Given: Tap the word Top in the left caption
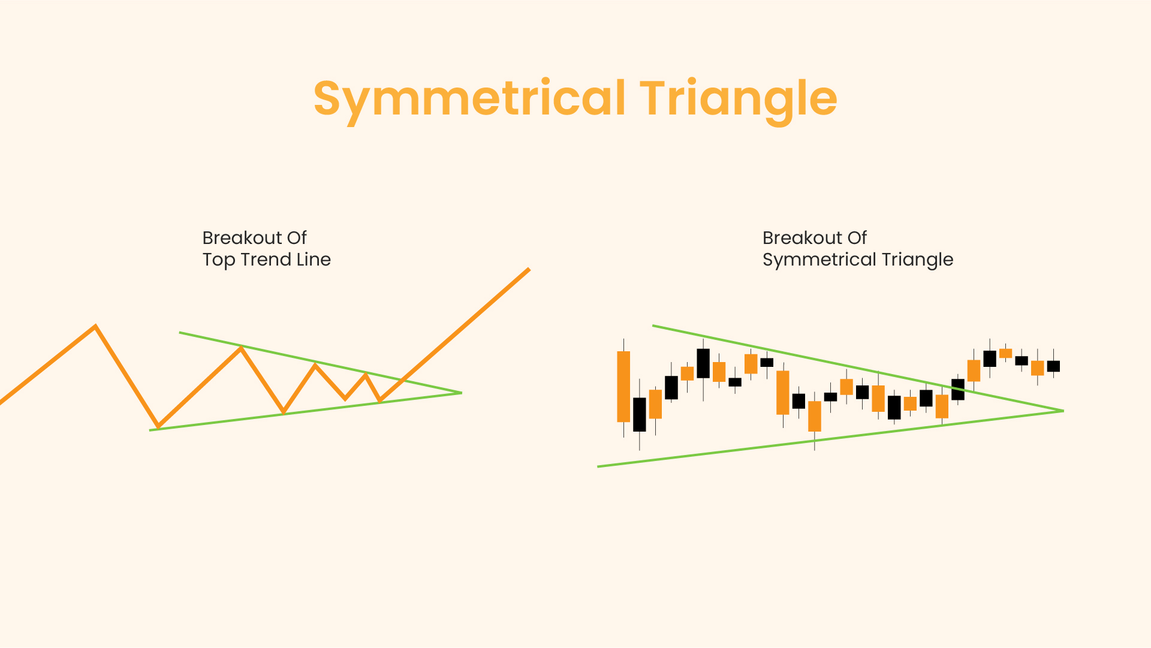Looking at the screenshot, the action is [219, 260].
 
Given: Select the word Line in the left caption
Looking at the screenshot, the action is [314, 259].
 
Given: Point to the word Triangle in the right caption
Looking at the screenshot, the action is [917, 260].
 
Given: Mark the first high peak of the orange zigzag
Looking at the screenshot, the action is [95, 326].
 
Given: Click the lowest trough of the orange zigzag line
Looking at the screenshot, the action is [158, 427].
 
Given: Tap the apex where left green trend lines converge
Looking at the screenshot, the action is [461, 393].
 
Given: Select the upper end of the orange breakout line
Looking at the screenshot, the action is [529, 269].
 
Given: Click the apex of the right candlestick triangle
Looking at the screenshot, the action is [1063, 411].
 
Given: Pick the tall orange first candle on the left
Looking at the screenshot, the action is [623, 387].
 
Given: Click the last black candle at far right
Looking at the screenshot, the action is [1053, 366].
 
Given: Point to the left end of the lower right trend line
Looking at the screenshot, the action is [598, 466].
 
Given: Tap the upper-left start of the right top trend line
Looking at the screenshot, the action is [653, 325].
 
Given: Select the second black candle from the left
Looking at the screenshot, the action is [671, 387].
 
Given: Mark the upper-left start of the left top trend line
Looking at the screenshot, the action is [180, 332].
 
